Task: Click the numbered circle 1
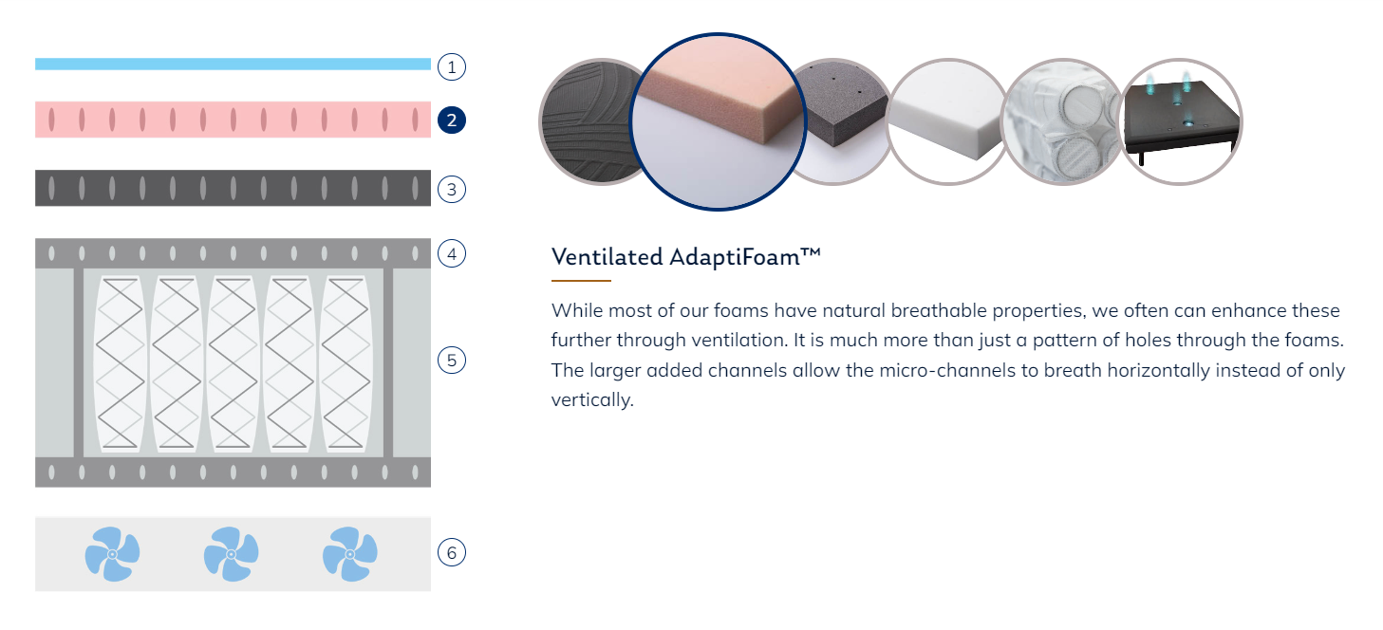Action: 451,66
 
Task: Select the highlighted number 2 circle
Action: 451,120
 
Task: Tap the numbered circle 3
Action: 451,189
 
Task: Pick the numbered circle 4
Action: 451,253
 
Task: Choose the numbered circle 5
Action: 451,360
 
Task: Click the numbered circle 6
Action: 451,552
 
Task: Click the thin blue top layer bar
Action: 233,64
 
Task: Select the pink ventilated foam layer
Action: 233,120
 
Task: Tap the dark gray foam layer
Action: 233,188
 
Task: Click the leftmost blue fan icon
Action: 112,554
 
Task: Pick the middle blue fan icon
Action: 231,554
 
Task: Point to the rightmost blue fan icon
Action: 350,554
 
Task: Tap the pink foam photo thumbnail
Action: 718,121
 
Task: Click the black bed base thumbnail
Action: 1181,121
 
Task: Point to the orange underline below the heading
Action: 581,281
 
